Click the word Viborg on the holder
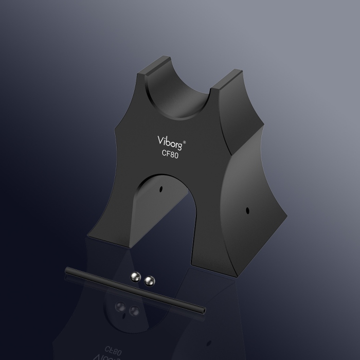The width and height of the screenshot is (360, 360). click(x=168, y=141)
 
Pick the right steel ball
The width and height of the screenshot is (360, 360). click(x=150, y=280)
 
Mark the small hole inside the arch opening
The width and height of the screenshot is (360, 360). click(x=161, y=188)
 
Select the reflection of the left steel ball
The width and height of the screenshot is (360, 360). click(x=121, y=307)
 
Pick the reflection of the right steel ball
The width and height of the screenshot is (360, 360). click(x=135, y=310)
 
